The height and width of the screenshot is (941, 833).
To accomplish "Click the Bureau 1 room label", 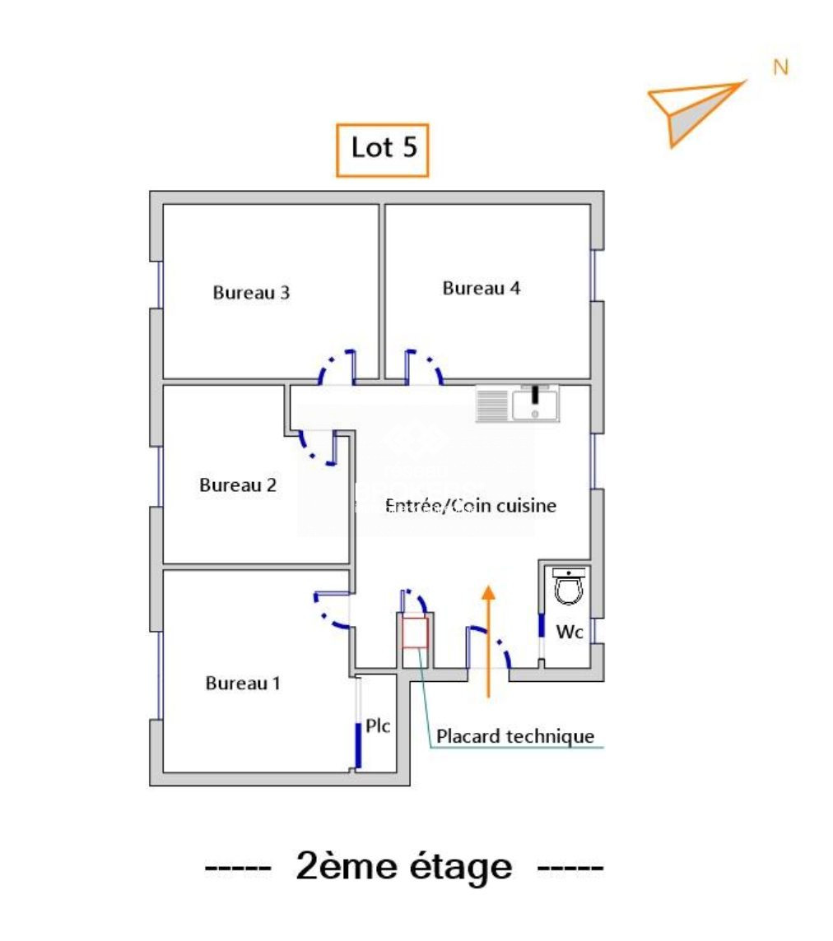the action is click(x=243, y=683).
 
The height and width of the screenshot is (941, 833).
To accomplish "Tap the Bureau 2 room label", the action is click(x=238, y=485).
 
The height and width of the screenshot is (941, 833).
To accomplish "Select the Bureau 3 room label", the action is click(x=251, y=292).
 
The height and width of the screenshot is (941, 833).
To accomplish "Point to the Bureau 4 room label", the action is click(x=481, y=288).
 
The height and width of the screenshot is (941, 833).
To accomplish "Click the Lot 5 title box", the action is click(x=383, y=150).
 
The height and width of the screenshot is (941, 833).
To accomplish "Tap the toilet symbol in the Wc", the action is click(x=568, y=586).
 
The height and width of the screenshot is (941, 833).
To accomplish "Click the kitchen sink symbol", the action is click(x=518, y=403).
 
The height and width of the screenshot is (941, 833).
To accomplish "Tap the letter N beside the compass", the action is click(x=780, y=67).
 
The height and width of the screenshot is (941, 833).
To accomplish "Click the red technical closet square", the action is click(x=414, y=633).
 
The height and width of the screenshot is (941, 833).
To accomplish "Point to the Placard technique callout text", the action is click(x=515, y=736).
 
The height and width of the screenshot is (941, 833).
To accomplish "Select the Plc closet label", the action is click(x=378, y=726).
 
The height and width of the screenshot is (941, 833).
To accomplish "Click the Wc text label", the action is click(x=570, y=632).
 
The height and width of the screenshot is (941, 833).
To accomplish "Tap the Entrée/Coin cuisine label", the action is click(x=471, y=506).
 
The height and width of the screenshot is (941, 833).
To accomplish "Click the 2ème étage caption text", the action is click(x=404, y=867).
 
